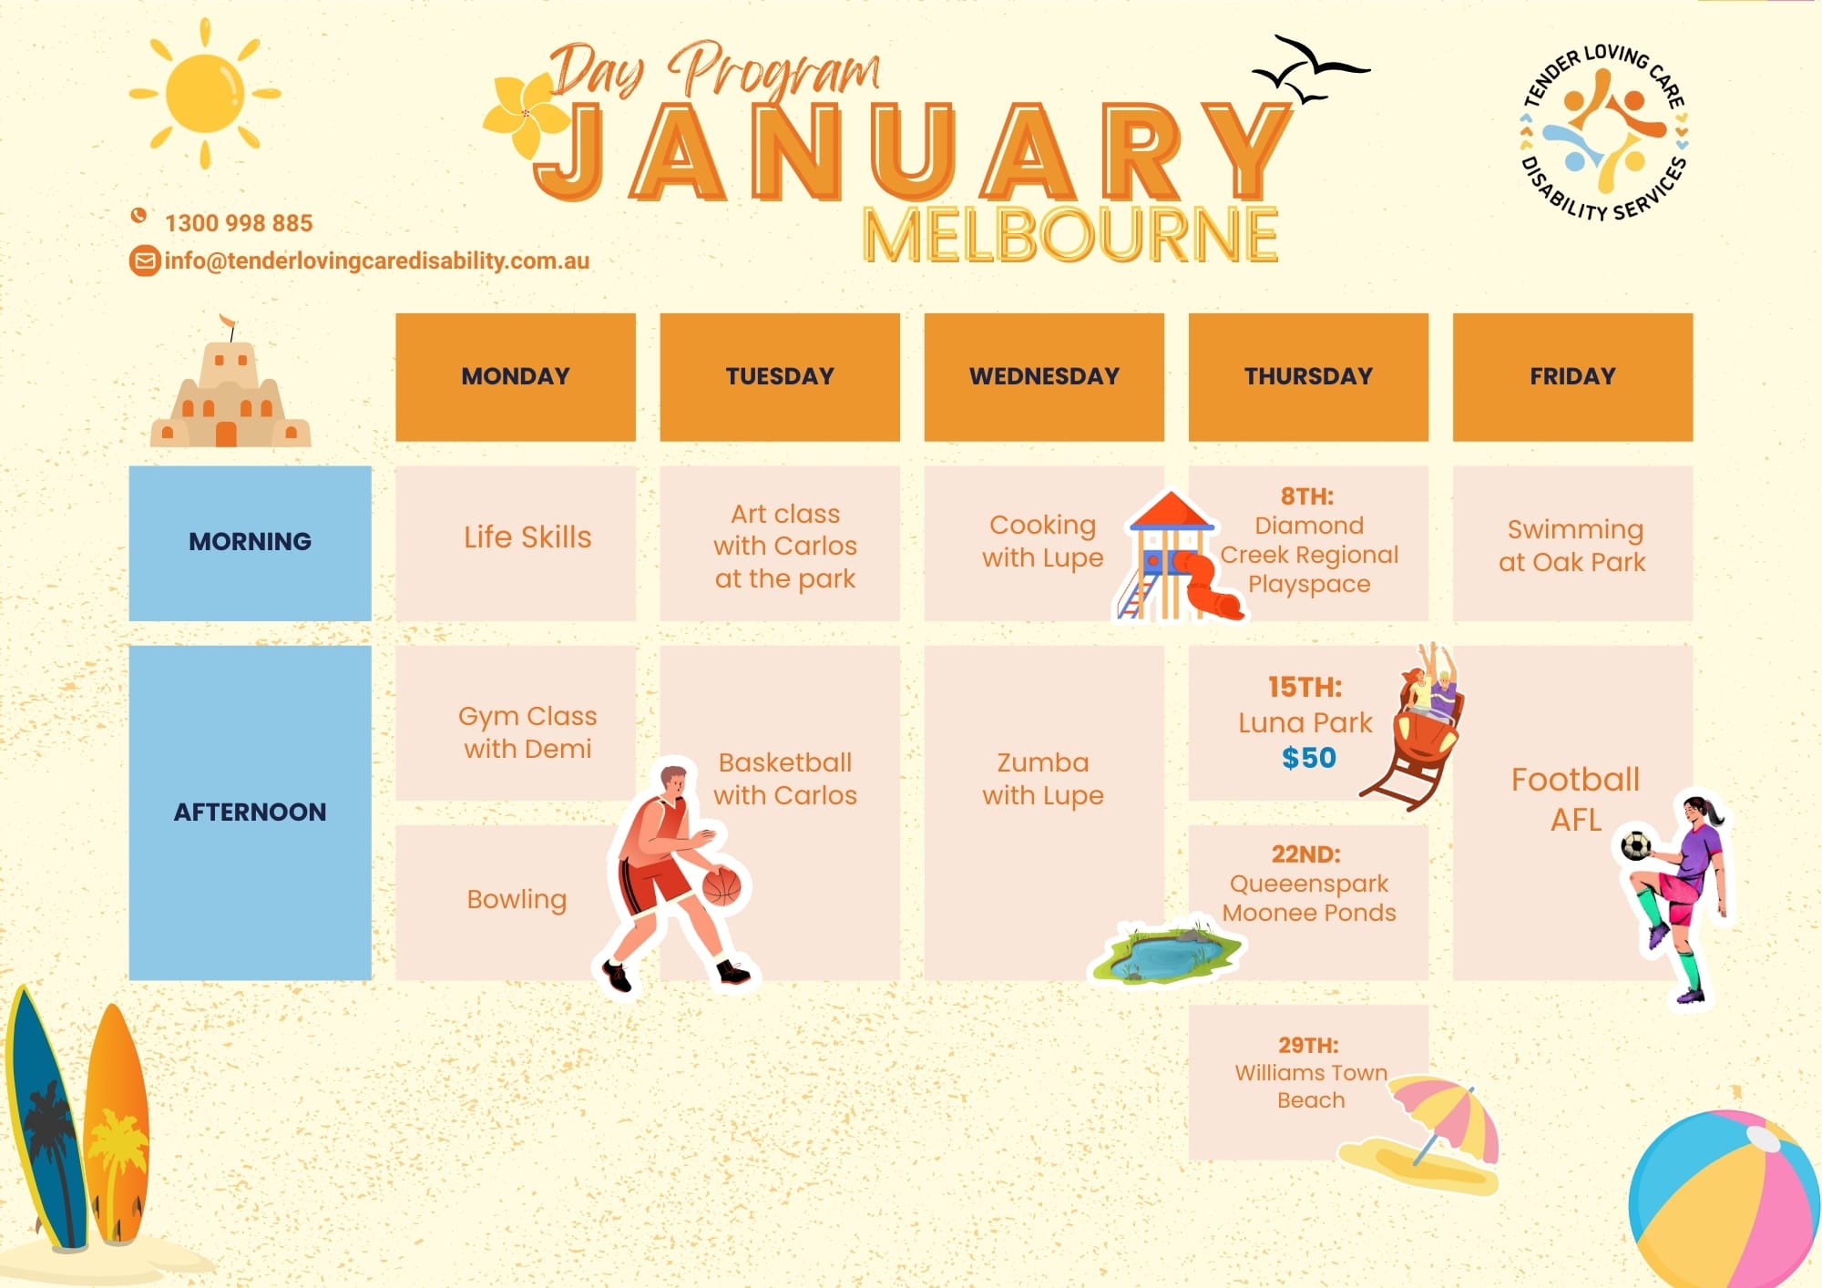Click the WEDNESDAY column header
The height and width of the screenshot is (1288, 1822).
pyautogui.click(x=1044, y=377)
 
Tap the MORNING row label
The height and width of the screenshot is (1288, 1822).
pyautogui.click(x=250, y=543)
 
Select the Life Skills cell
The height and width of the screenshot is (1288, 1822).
pyautogui.click(x=516, y=543)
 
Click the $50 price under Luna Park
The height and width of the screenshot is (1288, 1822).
pyautogui.click(x=1308, y=758)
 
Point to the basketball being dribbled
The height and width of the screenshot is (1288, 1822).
pyautogui.click(x=722, y=885)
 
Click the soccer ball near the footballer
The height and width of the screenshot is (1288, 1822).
pyautogui.click(x=1636, y=845)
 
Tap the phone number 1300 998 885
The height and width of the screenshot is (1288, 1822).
pyautogui.click(x=239, y=223)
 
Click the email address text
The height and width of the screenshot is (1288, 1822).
pyautogui.click(x=377, y=261)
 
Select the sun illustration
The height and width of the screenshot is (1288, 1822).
pyautogui.click(x=205, y=93)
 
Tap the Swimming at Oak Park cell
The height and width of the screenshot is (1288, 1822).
pyautogui.click(x=1572, y=545)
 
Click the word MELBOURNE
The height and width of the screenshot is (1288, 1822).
pyautogui.click(x=1070, y=235)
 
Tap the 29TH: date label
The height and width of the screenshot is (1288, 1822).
pyautogui.click(x=1308, y=1045)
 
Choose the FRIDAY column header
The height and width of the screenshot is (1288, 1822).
pyautogui.click(x=1572, y=377)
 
